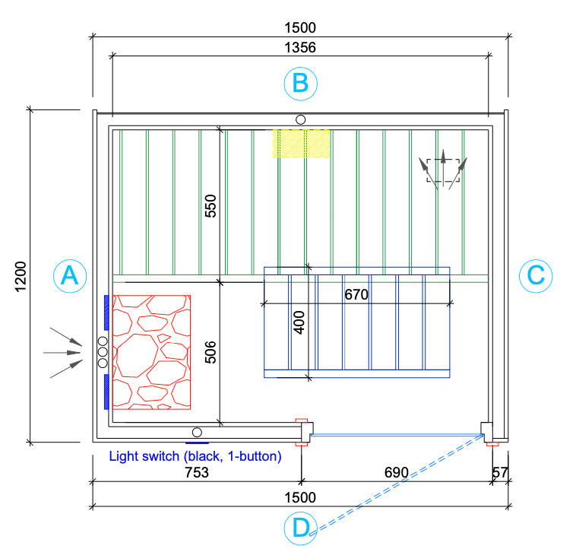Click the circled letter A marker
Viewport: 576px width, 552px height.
[x=70, y=276]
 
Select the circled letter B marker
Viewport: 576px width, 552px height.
[x=300, y=84]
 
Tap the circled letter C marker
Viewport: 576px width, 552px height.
[x=536, y=276]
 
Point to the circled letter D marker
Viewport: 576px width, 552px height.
[x=300, y=528]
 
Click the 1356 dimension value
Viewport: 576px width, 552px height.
[x=300, y=48]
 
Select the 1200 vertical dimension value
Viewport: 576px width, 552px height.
[x=21, y=277]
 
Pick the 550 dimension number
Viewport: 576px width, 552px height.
[x=210, y=206]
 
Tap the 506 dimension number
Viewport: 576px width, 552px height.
[x=210, y=353]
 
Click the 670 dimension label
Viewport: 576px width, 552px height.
[x=356, y=295]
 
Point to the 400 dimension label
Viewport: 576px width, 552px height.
[x=299, y=322]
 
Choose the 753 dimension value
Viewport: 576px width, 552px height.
[x=197, y=473]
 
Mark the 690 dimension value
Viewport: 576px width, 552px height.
[x=397, y=473]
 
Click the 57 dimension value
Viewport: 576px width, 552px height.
[x=500, y=473]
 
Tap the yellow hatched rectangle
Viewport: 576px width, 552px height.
[x=301, y=144]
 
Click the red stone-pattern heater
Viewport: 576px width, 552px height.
[x=151, y=352]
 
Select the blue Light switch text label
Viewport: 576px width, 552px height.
[x=195, y=456]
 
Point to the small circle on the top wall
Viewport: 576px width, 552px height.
[x=300, y=120]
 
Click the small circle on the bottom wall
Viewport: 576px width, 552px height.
[x=197, y=433]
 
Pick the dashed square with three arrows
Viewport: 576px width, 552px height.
[x=443, y=170]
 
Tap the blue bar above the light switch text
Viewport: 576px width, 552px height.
[x=197, y=443]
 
